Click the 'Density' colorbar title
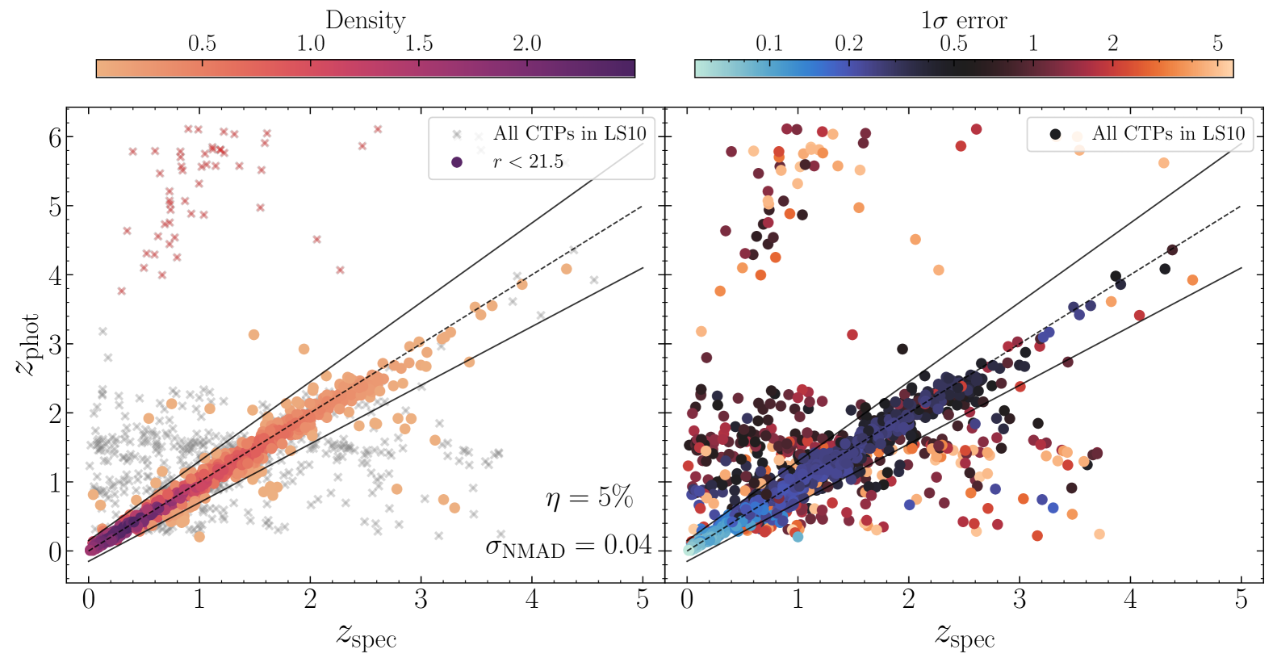(365, 19)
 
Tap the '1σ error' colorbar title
(964, 19)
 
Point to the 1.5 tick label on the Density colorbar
(418, 43)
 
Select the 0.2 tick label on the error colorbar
(848, 43)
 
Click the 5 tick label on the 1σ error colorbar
(1217, 43)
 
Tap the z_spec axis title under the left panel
(366, 635)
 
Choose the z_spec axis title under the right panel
(965, 635)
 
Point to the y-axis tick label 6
(55, 137)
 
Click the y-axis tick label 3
(55, 345)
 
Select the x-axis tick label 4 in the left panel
(531, 600)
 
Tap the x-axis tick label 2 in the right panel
(909, 600)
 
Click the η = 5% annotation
(588, 498)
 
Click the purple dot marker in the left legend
(457, 162)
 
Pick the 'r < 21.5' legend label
(528, 161)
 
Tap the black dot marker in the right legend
(1055, 134)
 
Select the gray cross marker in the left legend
(457, 134)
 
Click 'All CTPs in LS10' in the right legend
(1168, 133)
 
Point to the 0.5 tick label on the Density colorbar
(202, 43)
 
